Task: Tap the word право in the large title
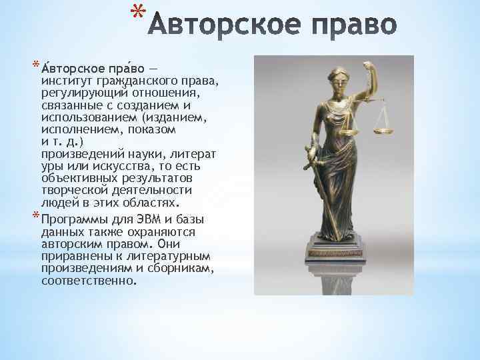tap(353, 27)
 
